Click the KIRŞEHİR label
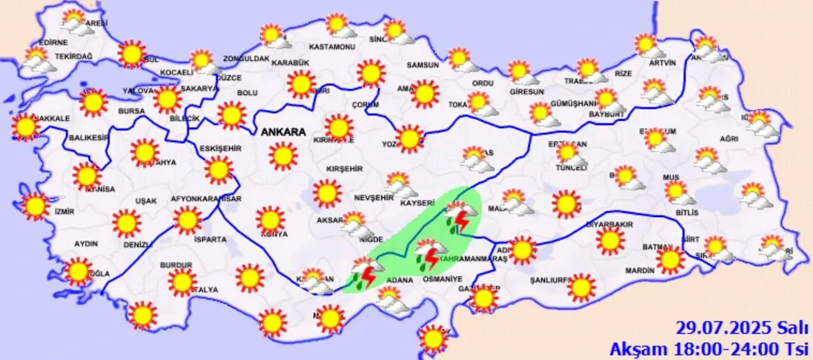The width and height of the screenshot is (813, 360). tap(344, 169)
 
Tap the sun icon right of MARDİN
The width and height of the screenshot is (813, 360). tap(670, 260)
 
